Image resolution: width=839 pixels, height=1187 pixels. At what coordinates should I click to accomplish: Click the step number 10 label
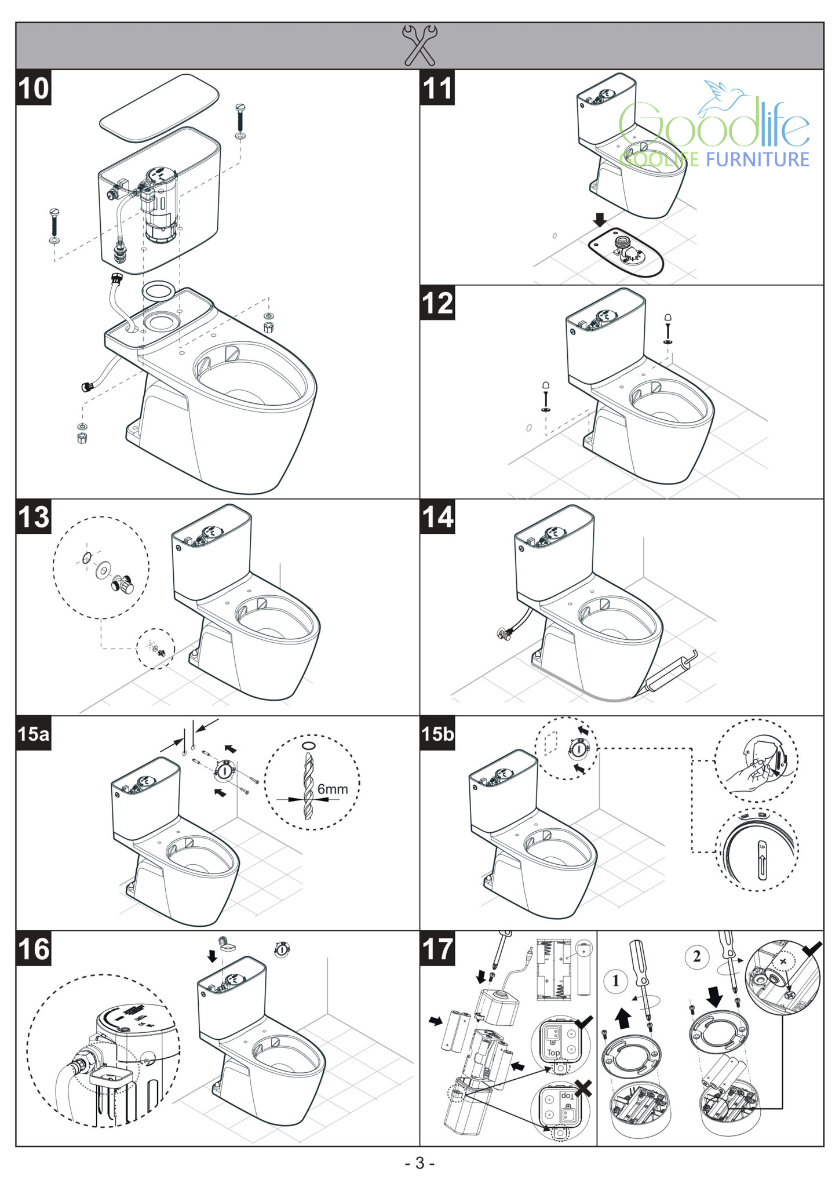[34, 88]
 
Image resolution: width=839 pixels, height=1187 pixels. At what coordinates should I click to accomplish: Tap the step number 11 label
[437, 88]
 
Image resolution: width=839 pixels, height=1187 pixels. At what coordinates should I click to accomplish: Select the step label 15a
[34, 734]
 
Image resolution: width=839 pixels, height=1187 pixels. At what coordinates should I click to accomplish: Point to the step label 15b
[437, 734]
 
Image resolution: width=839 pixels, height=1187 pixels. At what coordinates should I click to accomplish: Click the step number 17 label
[437, 949]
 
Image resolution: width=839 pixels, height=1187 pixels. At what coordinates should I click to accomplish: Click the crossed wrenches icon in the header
[419, 45]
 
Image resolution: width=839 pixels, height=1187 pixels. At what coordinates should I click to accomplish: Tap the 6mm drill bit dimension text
[333, 789]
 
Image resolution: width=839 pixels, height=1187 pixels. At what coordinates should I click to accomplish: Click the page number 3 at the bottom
[419, 1163]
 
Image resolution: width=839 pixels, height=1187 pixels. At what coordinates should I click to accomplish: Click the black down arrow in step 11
[600, 220]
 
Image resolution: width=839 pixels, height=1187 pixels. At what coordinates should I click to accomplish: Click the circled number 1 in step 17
[615, 981]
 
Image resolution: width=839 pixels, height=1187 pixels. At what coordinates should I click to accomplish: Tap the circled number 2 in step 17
[696, 956]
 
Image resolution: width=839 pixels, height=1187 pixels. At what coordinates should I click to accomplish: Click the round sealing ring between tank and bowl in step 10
[159, 290]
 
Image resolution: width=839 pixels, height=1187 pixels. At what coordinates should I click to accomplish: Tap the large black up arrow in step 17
[623, 1018]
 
